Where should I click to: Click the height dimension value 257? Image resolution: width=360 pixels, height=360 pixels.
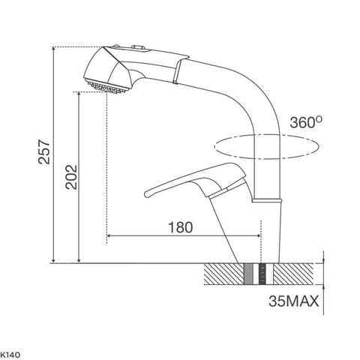[x=43, y=154]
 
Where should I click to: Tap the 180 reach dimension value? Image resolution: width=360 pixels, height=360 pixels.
[x=179, y=225]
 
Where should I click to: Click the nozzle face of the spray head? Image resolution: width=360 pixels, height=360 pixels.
[x=105, y=85]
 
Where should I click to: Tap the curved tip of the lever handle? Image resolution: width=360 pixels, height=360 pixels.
[x=148, y=194]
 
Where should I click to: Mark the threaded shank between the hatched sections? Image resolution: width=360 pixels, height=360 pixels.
[x=260, y=274]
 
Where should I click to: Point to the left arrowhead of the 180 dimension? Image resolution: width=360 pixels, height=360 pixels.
[x=110, y=236]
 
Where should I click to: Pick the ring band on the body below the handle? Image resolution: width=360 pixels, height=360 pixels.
[x=268, y=201]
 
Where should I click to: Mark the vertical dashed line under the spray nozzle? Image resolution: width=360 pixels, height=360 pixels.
[x=107, y=165]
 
